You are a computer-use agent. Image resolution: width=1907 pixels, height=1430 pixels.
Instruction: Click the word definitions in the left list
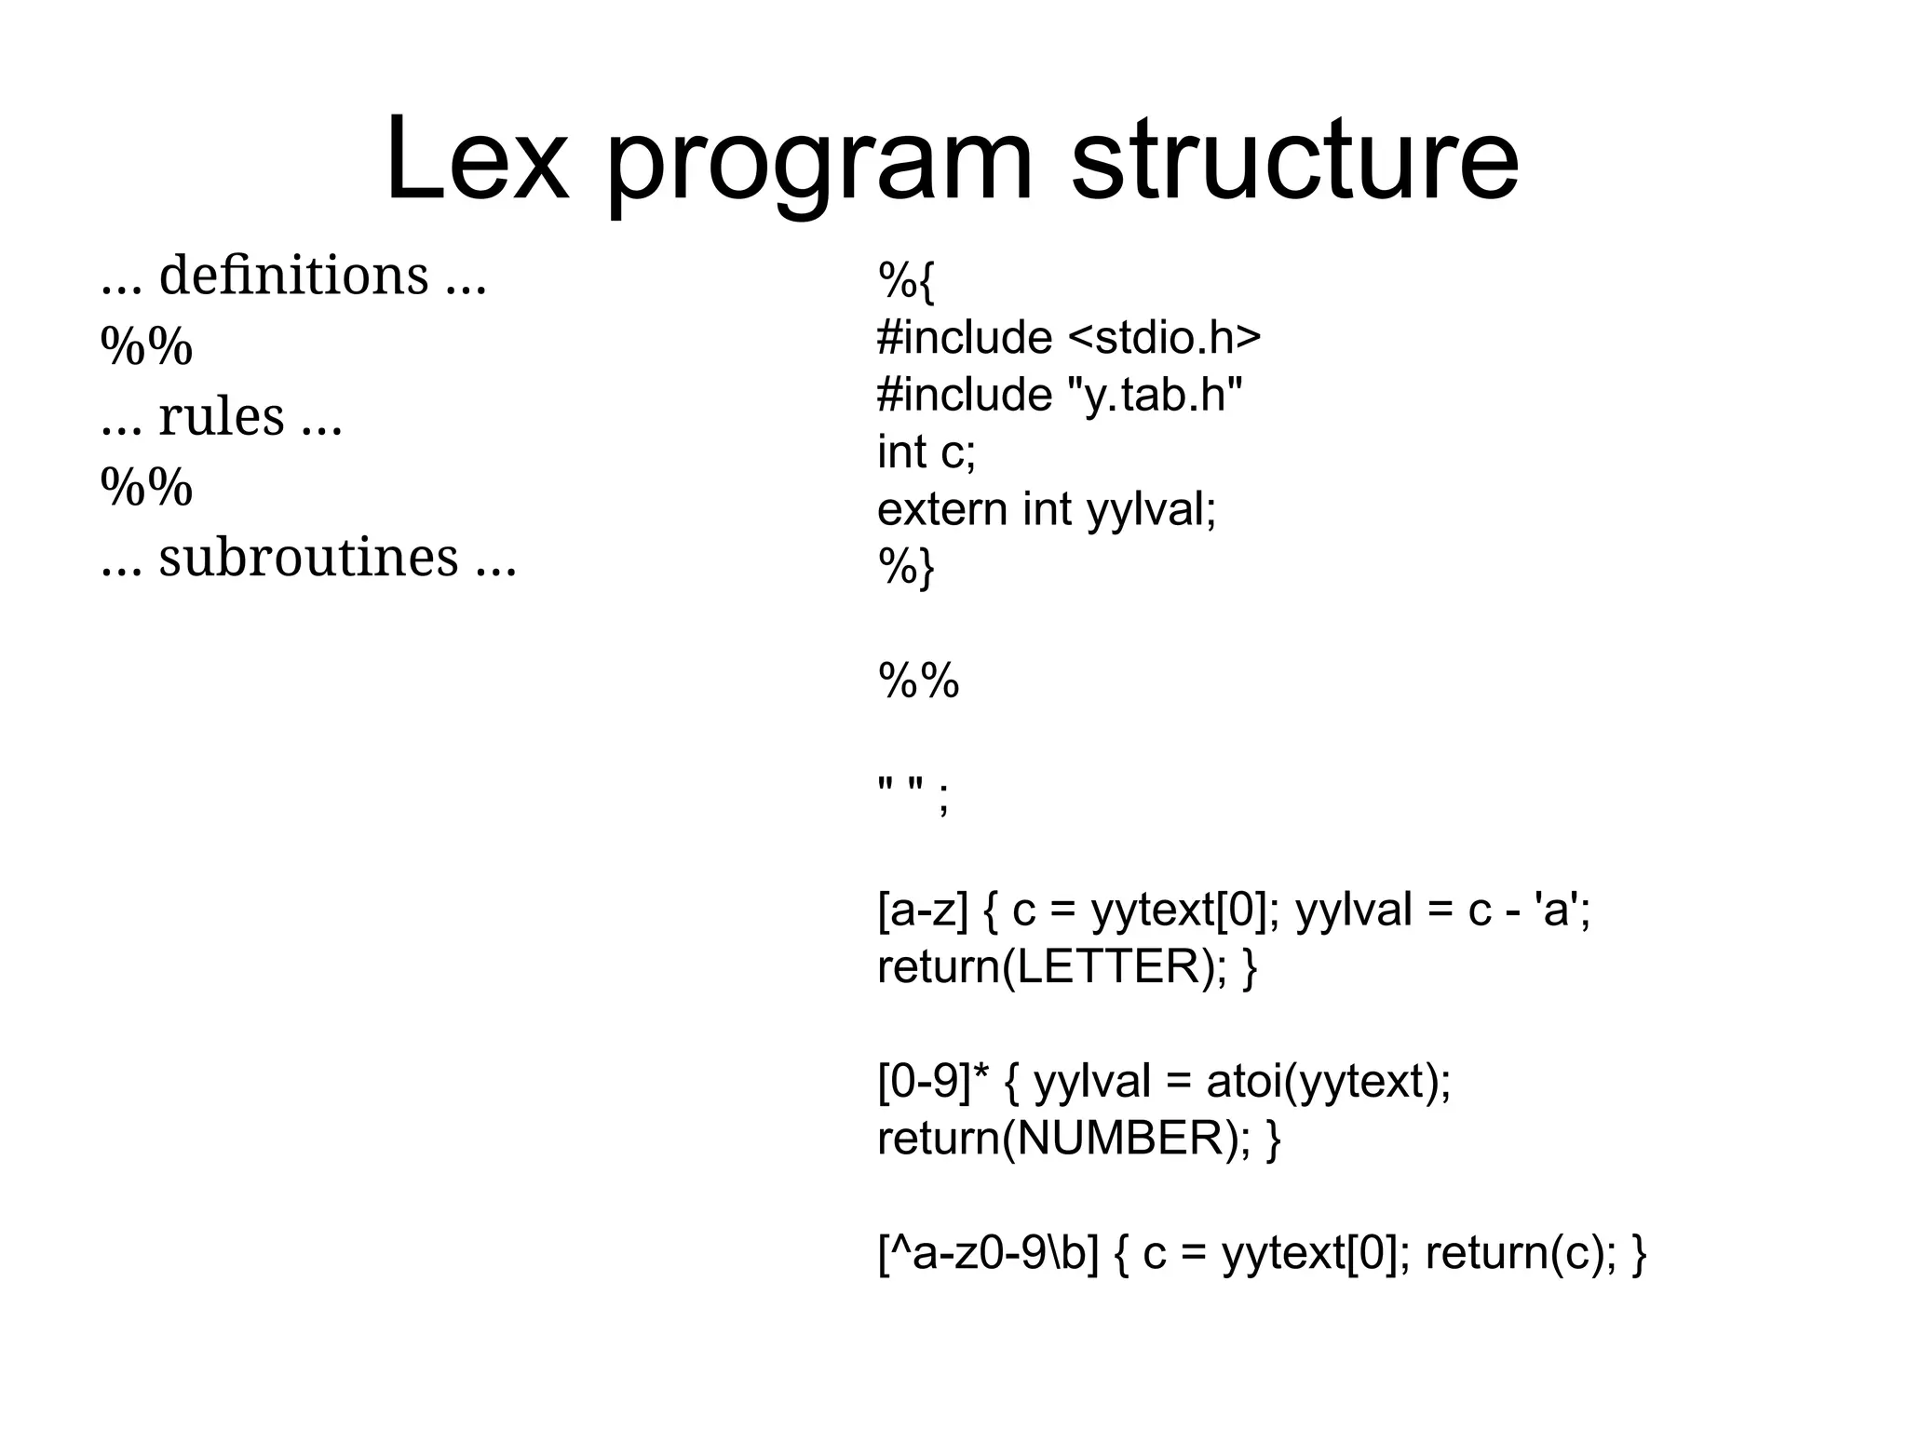293,276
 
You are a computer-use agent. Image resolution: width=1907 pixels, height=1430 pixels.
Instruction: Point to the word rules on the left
221,416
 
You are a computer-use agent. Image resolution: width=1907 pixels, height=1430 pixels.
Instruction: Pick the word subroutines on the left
308,558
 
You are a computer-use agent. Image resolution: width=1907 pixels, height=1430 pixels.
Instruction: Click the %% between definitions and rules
146,347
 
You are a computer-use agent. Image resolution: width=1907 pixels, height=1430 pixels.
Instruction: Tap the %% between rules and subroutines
146,487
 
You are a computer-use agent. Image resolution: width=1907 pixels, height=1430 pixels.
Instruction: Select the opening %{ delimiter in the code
905,280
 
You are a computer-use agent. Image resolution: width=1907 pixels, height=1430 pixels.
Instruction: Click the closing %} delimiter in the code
905,567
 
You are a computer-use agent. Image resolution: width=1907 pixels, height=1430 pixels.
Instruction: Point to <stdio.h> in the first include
1164,337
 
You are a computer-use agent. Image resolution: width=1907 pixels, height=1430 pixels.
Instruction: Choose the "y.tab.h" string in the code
1154,395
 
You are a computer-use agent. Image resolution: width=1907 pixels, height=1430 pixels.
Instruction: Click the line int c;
926,452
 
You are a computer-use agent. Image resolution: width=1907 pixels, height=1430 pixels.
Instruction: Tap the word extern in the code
941,510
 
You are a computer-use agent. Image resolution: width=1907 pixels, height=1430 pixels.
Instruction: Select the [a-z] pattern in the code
923,911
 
